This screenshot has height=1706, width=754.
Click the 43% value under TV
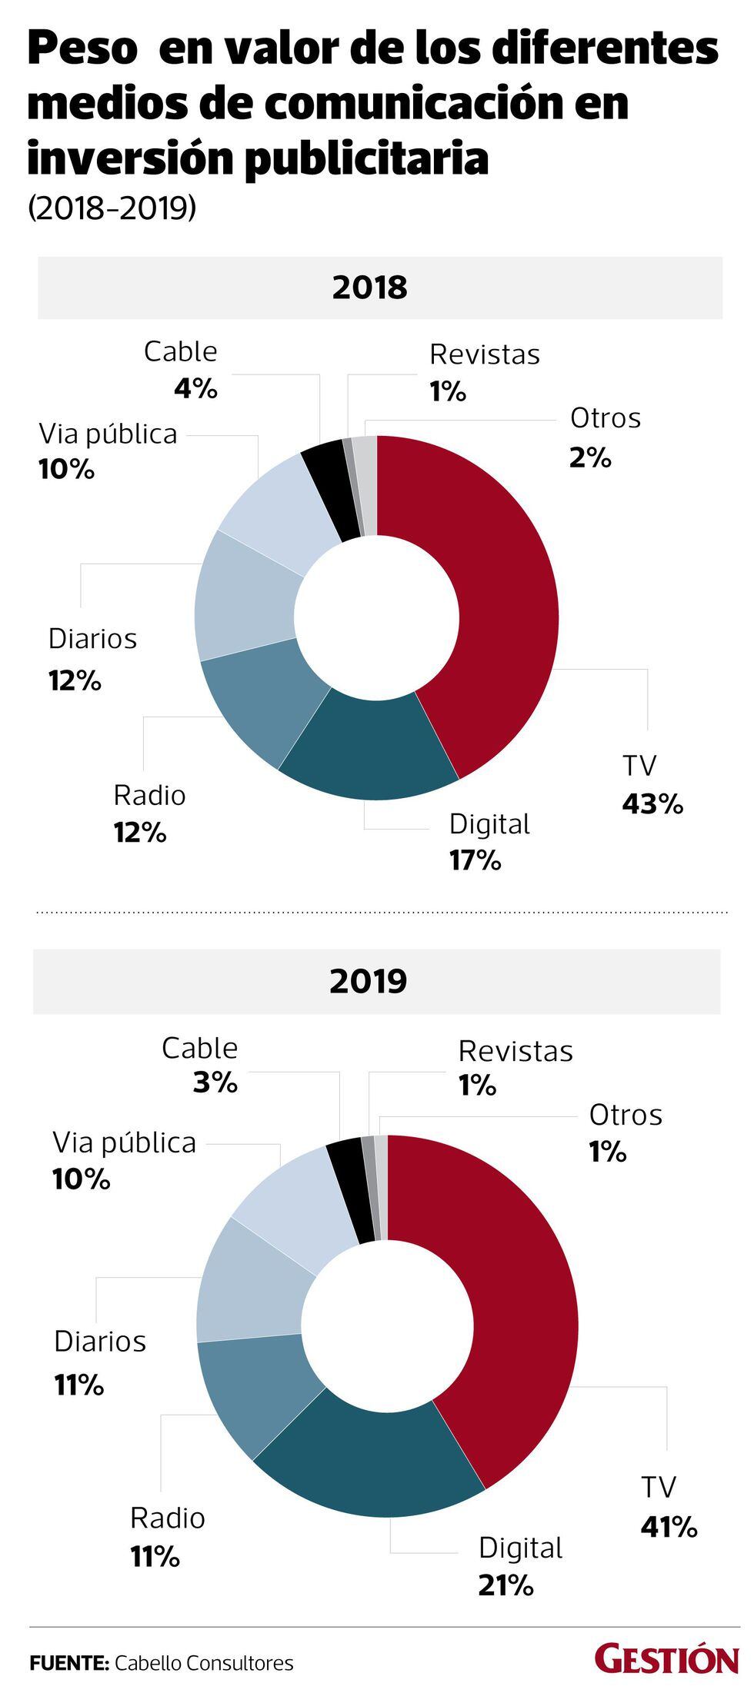[x=652, y=804]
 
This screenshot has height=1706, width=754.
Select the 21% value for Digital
[x=505, y=1585]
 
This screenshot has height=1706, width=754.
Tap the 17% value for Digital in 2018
[x=475, y=860]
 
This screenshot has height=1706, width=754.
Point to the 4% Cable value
[x=195, y=389]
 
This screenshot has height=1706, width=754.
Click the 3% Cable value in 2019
[x=215, y=1083]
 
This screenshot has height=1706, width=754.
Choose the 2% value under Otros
[x=590, y=458]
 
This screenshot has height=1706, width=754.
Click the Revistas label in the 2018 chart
[x=484, y=354]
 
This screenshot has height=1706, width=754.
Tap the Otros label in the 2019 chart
[x=626, y=1115]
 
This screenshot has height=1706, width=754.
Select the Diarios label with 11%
[x=100, y=1342]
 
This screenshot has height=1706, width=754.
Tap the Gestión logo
[x=666, y=1661]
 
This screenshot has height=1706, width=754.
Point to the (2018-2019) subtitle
[x=112, y=208]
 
